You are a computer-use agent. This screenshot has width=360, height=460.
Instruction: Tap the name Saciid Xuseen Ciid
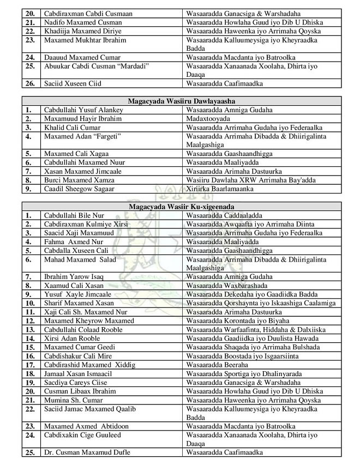(x=73, y=84)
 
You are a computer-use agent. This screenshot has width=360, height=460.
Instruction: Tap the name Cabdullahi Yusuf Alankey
(x=83, y=110)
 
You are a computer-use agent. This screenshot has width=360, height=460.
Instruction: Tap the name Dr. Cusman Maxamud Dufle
(x=87, y=453)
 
